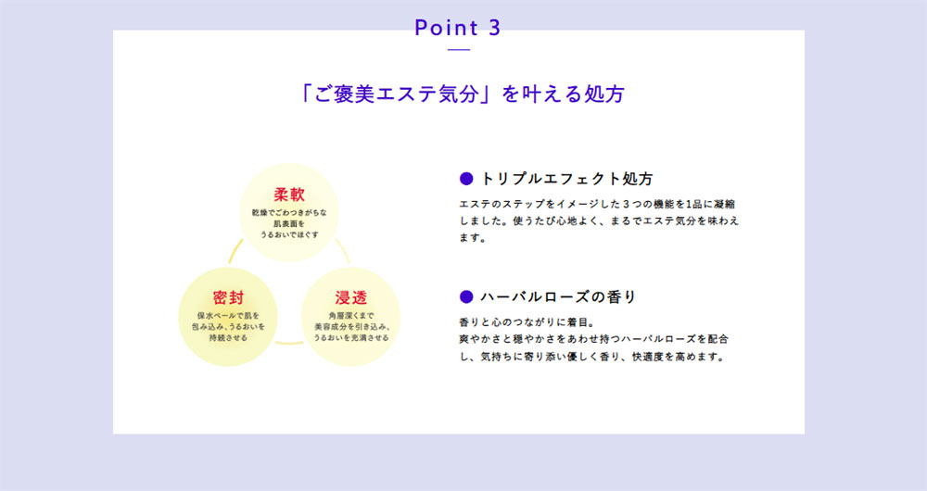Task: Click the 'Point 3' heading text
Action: (x=458, y=28)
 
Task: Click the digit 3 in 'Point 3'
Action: (x=494, y=28)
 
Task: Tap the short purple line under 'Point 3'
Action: (x=459, y=50)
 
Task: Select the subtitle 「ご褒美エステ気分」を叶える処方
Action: (x=462, y=94)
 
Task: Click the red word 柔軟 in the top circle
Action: (x=289, y=195)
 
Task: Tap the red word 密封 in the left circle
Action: (x=228, y=297)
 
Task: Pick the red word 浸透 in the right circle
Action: (x=351, y=297)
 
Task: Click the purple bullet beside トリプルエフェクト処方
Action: (x=466, y=179)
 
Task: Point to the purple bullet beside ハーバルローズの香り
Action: (x=466, y=296)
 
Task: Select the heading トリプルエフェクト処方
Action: (x=566, y=179)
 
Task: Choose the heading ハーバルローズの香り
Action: (x=557, y=296)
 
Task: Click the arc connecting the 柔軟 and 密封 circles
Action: (x=235, y=250)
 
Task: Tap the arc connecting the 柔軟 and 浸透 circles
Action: (x=344, y=250)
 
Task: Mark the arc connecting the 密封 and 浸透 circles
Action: (x=289, y=342)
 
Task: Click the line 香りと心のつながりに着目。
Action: (x=527, y=322)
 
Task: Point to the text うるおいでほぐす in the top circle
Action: (x=289, y=234)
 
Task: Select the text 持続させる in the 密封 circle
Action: (x=228, y=338)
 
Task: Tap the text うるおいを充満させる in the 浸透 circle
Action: (x=351, y=338)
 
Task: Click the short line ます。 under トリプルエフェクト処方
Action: (x=473, y=238)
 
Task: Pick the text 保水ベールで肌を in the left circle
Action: (x=228, y=316)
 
